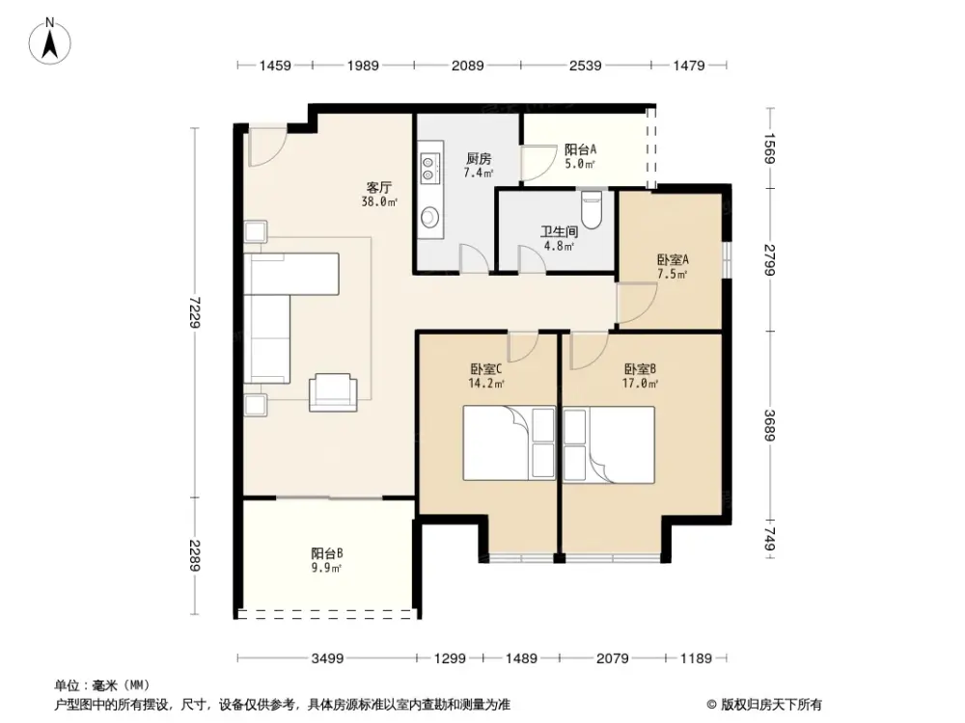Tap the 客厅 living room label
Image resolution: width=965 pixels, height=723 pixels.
[x=378, y=188]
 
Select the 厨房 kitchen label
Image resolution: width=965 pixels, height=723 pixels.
[x=479, y=159]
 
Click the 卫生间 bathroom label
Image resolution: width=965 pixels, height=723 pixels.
[x=558, y=231]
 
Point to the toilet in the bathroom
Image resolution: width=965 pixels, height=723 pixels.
[x=593, y=209]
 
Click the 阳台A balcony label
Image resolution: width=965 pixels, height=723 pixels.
[x=580, y=149]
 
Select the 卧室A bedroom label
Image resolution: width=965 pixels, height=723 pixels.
[x=673, y=259]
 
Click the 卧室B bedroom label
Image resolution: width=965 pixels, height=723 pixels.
[x=640, y=368]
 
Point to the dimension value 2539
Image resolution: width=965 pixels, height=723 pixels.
[x=585, y=66]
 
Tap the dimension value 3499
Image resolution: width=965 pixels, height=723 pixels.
[x=328, y=658]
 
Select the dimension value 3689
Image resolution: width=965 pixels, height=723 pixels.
[x=768, y=424]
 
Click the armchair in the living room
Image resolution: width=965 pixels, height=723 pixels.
[x=333, y=390]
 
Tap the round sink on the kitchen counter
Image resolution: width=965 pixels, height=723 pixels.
[x=428, y=216]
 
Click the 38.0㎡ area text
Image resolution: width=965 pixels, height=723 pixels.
[x=379, y=202]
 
